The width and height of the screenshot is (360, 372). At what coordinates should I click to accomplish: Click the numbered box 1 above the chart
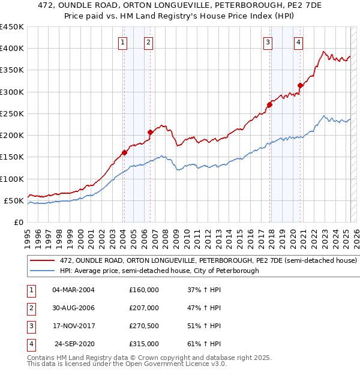click(122, 42)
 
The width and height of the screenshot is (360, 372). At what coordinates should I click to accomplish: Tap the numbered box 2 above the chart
click(148, 42)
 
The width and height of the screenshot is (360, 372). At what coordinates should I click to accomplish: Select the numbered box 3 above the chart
click(268, 42)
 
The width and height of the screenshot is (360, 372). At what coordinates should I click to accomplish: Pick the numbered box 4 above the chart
click(298, 42)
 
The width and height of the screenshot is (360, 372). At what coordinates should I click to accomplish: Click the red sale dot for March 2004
click(124, 152)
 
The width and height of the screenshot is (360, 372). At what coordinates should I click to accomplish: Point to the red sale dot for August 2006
click(151, 132)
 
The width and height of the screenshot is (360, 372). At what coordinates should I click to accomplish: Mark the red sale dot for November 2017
click(269, 104)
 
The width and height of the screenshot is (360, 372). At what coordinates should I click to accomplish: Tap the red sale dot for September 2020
click(300, 85)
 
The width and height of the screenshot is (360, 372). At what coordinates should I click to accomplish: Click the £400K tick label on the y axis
click(11, 49)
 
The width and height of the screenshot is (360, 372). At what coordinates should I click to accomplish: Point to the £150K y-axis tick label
click(11, 157)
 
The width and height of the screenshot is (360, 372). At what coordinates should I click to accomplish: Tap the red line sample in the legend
click(43, 261)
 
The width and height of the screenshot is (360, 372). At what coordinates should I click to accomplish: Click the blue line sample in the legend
click(43, 271)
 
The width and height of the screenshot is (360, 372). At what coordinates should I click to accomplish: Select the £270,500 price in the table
click(143, 327)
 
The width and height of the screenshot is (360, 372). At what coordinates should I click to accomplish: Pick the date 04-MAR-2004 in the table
click(74, 290)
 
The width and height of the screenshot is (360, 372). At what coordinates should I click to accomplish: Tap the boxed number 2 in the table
click(31, 308)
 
